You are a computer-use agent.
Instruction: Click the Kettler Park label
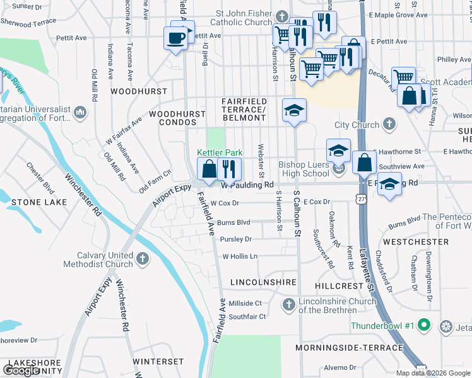pyautogui.click(x=220, y=152)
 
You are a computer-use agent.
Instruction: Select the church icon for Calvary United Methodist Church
pyautogui.click(x=143, y=258)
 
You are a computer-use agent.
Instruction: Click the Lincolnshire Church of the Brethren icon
pyautogui.click(x=288, y=305)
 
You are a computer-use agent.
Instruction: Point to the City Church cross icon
pyautogui.click(x=390, y=124)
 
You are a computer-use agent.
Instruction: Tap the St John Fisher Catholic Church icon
pyautogui.click(x=282, y=16)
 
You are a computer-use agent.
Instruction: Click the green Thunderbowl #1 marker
pyautogui.click(x=425, y=326)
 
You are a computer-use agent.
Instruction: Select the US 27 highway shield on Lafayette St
pyautogui.click(x=360, y=198)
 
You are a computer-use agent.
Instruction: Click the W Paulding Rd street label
pyautogui.click(x=247, y=185)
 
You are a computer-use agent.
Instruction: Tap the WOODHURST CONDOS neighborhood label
pyautogui.click(x=177, y=118)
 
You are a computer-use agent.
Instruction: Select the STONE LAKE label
pyautogui.click(x=34, y=202)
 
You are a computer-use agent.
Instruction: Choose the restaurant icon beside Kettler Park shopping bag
pyautogui.click(x=229, y=168)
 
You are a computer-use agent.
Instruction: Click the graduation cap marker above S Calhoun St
pyautogui.click(x=293, y=110)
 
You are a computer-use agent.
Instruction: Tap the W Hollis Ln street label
pyautogui.click(x=240, y=256)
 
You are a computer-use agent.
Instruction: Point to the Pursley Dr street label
pyautogui.click(x=235, y=239)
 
